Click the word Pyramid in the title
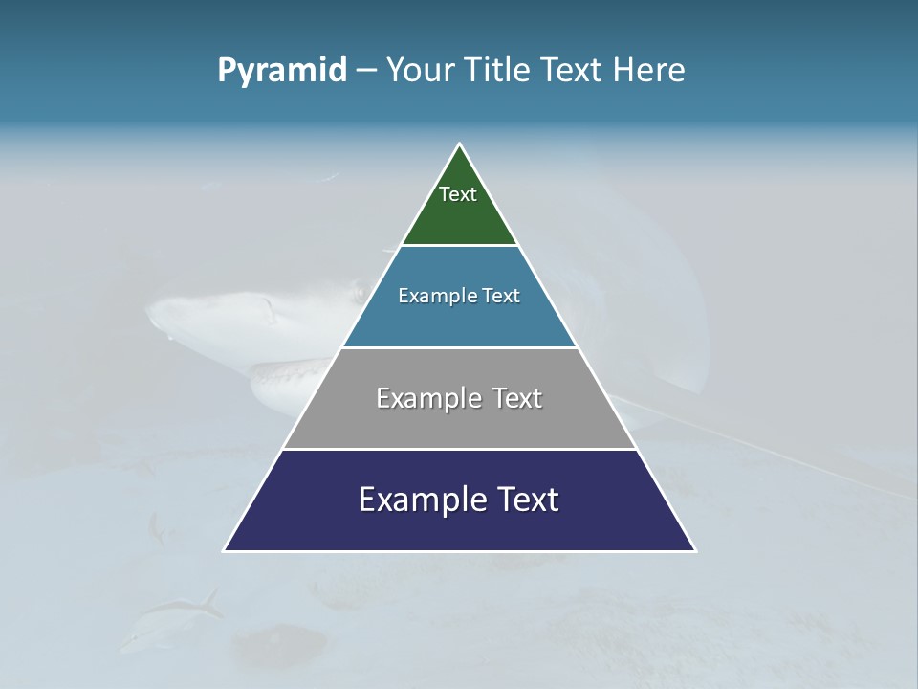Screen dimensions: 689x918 (x=281, y=71)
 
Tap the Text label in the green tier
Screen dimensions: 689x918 (x=458, y=194)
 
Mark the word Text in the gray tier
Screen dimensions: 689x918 (x=517, y=398)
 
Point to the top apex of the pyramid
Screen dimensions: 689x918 (x=460, y=144)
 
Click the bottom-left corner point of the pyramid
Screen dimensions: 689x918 (x=224, y=551)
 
